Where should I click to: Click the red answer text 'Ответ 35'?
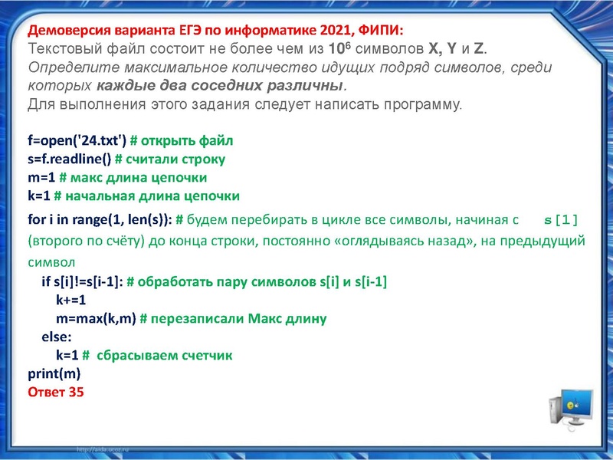pos(55,392)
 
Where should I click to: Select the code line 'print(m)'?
pos(54,374)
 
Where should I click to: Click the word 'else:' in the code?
pos(57,337)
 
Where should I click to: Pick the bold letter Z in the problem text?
pos(478,50)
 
